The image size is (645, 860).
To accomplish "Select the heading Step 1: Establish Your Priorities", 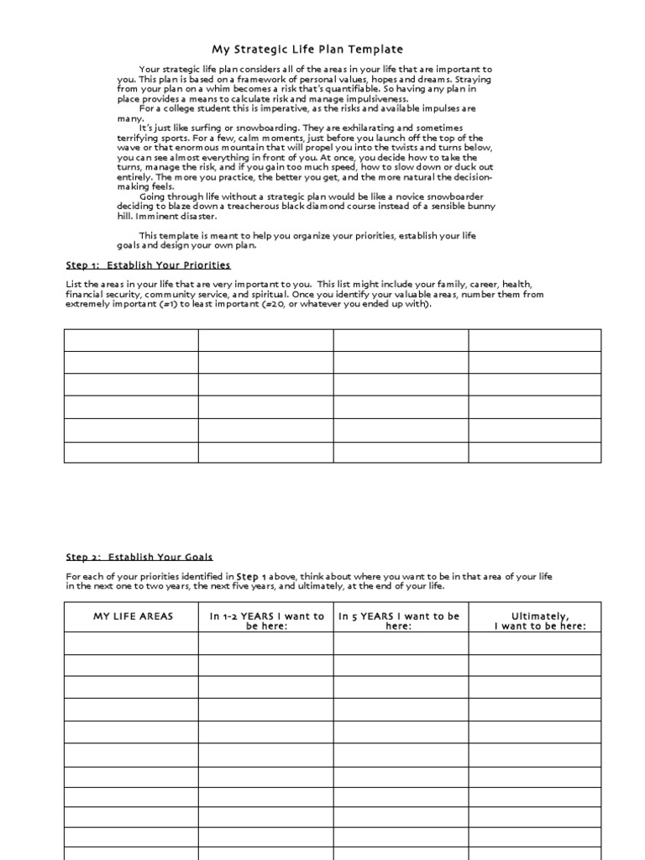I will point(148,265).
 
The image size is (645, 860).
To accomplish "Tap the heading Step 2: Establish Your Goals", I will point(139,557).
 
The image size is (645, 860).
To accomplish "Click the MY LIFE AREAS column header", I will point(133,616).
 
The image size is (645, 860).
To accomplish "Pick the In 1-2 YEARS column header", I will point(266,621).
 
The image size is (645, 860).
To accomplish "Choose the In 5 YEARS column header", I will point(399,621).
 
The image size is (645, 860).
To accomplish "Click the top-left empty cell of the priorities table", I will point(131,340).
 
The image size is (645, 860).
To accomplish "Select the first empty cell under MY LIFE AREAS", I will point(131,643).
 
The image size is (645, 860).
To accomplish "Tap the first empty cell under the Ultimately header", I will point(535,643).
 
